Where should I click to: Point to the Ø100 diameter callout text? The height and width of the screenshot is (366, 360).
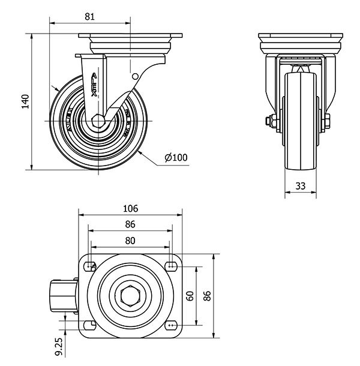click(176, 158)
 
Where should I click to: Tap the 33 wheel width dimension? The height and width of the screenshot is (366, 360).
click(301, 187)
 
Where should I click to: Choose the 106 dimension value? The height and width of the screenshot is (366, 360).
click(130, 209)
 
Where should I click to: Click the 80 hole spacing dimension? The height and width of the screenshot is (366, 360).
click(130, 240)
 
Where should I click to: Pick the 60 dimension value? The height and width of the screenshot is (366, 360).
click(190, 295)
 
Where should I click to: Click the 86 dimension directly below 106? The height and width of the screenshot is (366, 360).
click(130, 224)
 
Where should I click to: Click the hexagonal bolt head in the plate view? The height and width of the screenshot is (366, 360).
click(130, 295)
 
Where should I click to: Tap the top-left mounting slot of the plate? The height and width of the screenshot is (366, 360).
click(91, 266)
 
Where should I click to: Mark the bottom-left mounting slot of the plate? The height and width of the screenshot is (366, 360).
click(91, 325)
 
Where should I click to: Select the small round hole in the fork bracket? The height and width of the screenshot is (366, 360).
click(135, 76)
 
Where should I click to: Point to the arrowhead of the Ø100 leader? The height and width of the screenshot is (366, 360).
click(139, 151)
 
